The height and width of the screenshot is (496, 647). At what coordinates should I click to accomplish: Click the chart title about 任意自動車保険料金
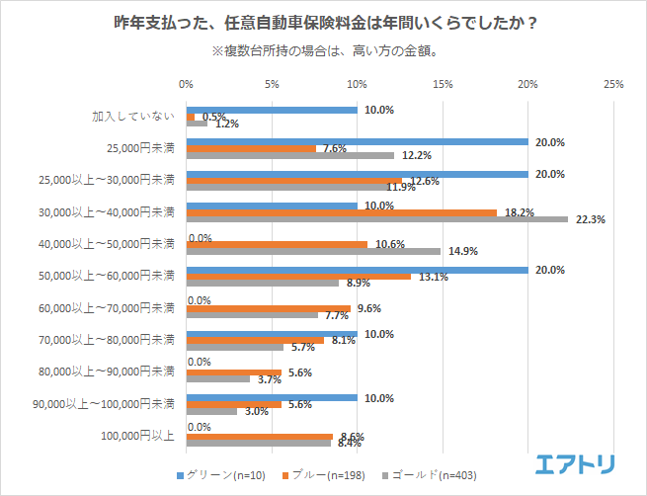pos(323,22)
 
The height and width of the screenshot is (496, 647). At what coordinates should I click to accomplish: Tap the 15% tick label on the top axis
pos(443,85)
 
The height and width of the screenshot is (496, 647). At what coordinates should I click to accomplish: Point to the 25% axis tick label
pos(612,85)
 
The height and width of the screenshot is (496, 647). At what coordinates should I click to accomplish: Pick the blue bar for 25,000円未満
pos(357,141)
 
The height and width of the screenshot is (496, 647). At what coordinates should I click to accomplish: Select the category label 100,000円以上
pos(138,435)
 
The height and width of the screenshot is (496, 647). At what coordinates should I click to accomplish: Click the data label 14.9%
pos(463,251)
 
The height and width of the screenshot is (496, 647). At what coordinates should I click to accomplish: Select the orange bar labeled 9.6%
pos(269,307)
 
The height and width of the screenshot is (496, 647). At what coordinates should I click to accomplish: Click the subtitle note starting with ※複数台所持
pos(324,49)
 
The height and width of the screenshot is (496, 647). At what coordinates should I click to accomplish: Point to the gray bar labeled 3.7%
pos(218,378)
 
